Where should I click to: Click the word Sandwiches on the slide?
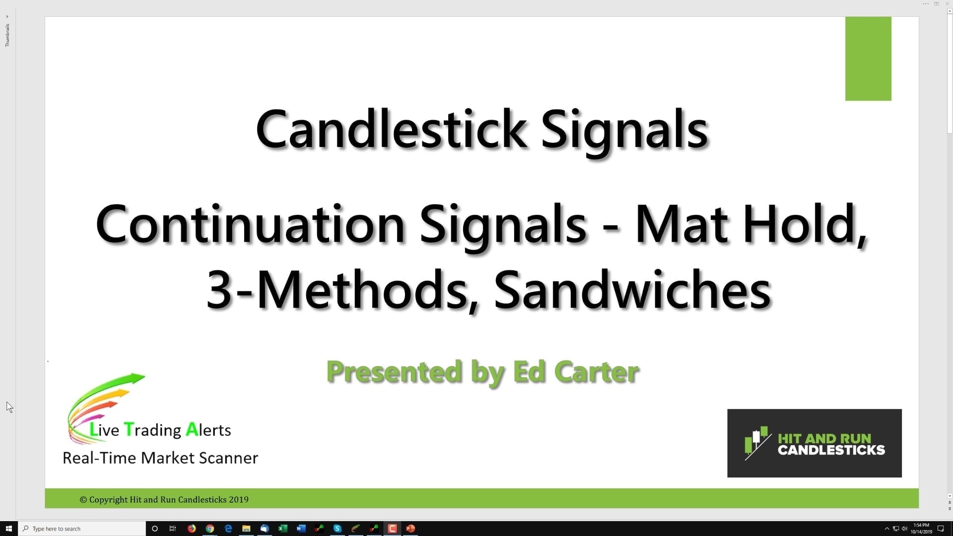[x=632, y=290]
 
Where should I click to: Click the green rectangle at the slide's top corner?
[x=868, y=59]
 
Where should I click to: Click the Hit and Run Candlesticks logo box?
[x=814, y=443]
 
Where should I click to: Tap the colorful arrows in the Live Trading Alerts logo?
[x=107, y=402]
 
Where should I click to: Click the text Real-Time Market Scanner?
[x=160, y=458]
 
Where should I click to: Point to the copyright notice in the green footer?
[x=164, y=499]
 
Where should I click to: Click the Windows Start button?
[x=8, y=529]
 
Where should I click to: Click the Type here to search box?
[x=82, y=529]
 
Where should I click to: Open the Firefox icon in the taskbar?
[x=192, y=529]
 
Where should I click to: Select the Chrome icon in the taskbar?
[x=210, y=529]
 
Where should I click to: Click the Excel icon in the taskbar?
[x=283, y=529]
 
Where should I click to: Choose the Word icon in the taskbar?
[x=301, y=529]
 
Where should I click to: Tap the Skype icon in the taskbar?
[x=338, y=529]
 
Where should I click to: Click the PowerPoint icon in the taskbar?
[x=410, y=529]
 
